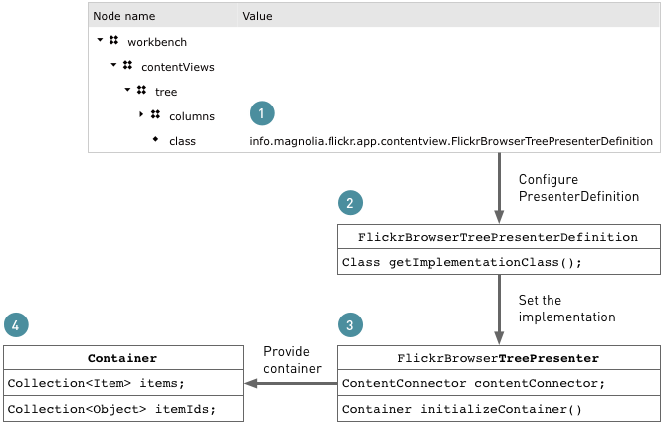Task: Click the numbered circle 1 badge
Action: pos(261,112)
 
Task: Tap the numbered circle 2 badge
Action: pos(350,202)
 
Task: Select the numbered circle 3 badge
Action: pos(350,324)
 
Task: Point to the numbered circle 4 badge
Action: pos(16,324)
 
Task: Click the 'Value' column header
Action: pos(257,16)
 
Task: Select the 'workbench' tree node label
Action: pos(157,42)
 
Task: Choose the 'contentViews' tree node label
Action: pos(177,67)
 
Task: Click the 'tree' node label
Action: pos(166,92)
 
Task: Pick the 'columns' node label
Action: pos(191,116)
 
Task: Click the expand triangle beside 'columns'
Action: pos(141,115)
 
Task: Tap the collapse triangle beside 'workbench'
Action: pos(101,41)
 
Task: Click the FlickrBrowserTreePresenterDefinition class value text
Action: pos(450,141)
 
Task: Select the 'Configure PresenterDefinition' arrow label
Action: pos(578,188)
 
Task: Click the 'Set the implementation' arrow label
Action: pos(567,308)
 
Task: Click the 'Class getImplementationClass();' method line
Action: pos(462,263)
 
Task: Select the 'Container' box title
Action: pos(122,358)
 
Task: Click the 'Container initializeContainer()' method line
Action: pos(462,409)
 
